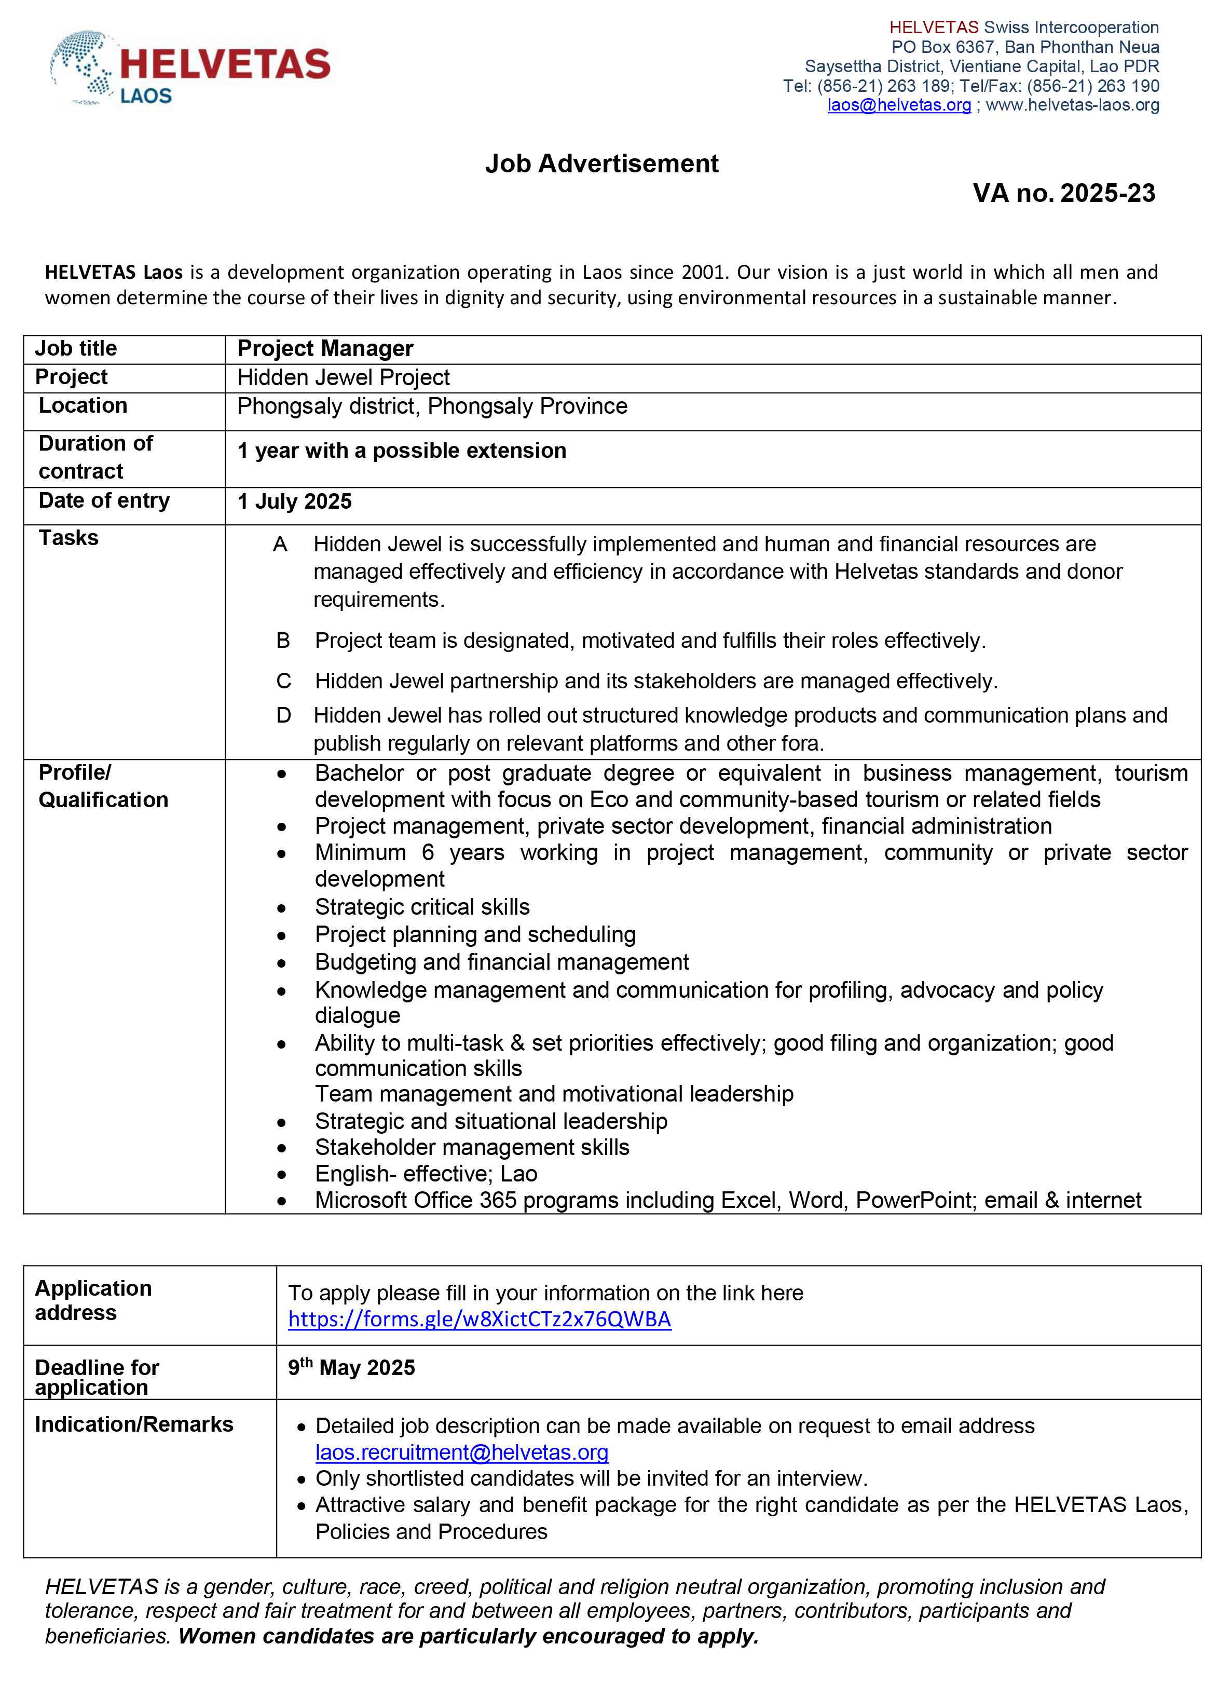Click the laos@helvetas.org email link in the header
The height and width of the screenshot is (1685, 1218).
(x=899, y=105)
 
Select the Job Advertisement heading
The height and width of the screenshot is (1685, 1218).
(x=601, y=164)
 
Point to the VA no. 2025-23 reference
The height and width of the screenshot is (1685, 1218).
(x=1063, y=193)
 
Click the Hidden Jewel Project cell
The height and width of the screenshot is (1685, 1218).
(x=343, y=377)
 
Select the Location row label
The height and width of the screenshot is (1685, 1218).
(x=83, y=405)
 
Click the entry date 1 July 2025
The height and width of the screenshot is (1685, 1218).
(x=294, y=501)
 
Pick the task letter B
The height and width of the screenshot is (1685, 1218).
(x=283, y=641)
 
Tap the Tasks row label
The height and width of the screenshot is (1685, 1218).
(x=69, y=538)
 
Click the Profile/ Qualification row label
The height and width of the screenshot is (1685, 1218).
(x=103, y=786)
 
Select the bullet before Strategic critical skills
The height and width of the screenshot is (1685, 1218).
(x=281, y=908)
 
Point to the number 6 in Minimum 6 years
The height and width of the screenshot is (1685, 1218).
(x=428, y=852)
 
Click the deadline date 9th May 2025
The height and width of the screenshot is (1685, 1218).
(x=351, y=1368)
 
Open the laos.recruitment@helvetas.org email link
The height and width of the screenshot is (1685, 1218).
(x=462, y=1452)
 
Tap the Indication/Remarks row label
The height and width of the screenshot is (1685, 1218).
(x=134, y=1425)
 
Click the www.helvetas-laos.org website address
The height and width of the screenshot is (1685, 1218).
(x=1073, y=105)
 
